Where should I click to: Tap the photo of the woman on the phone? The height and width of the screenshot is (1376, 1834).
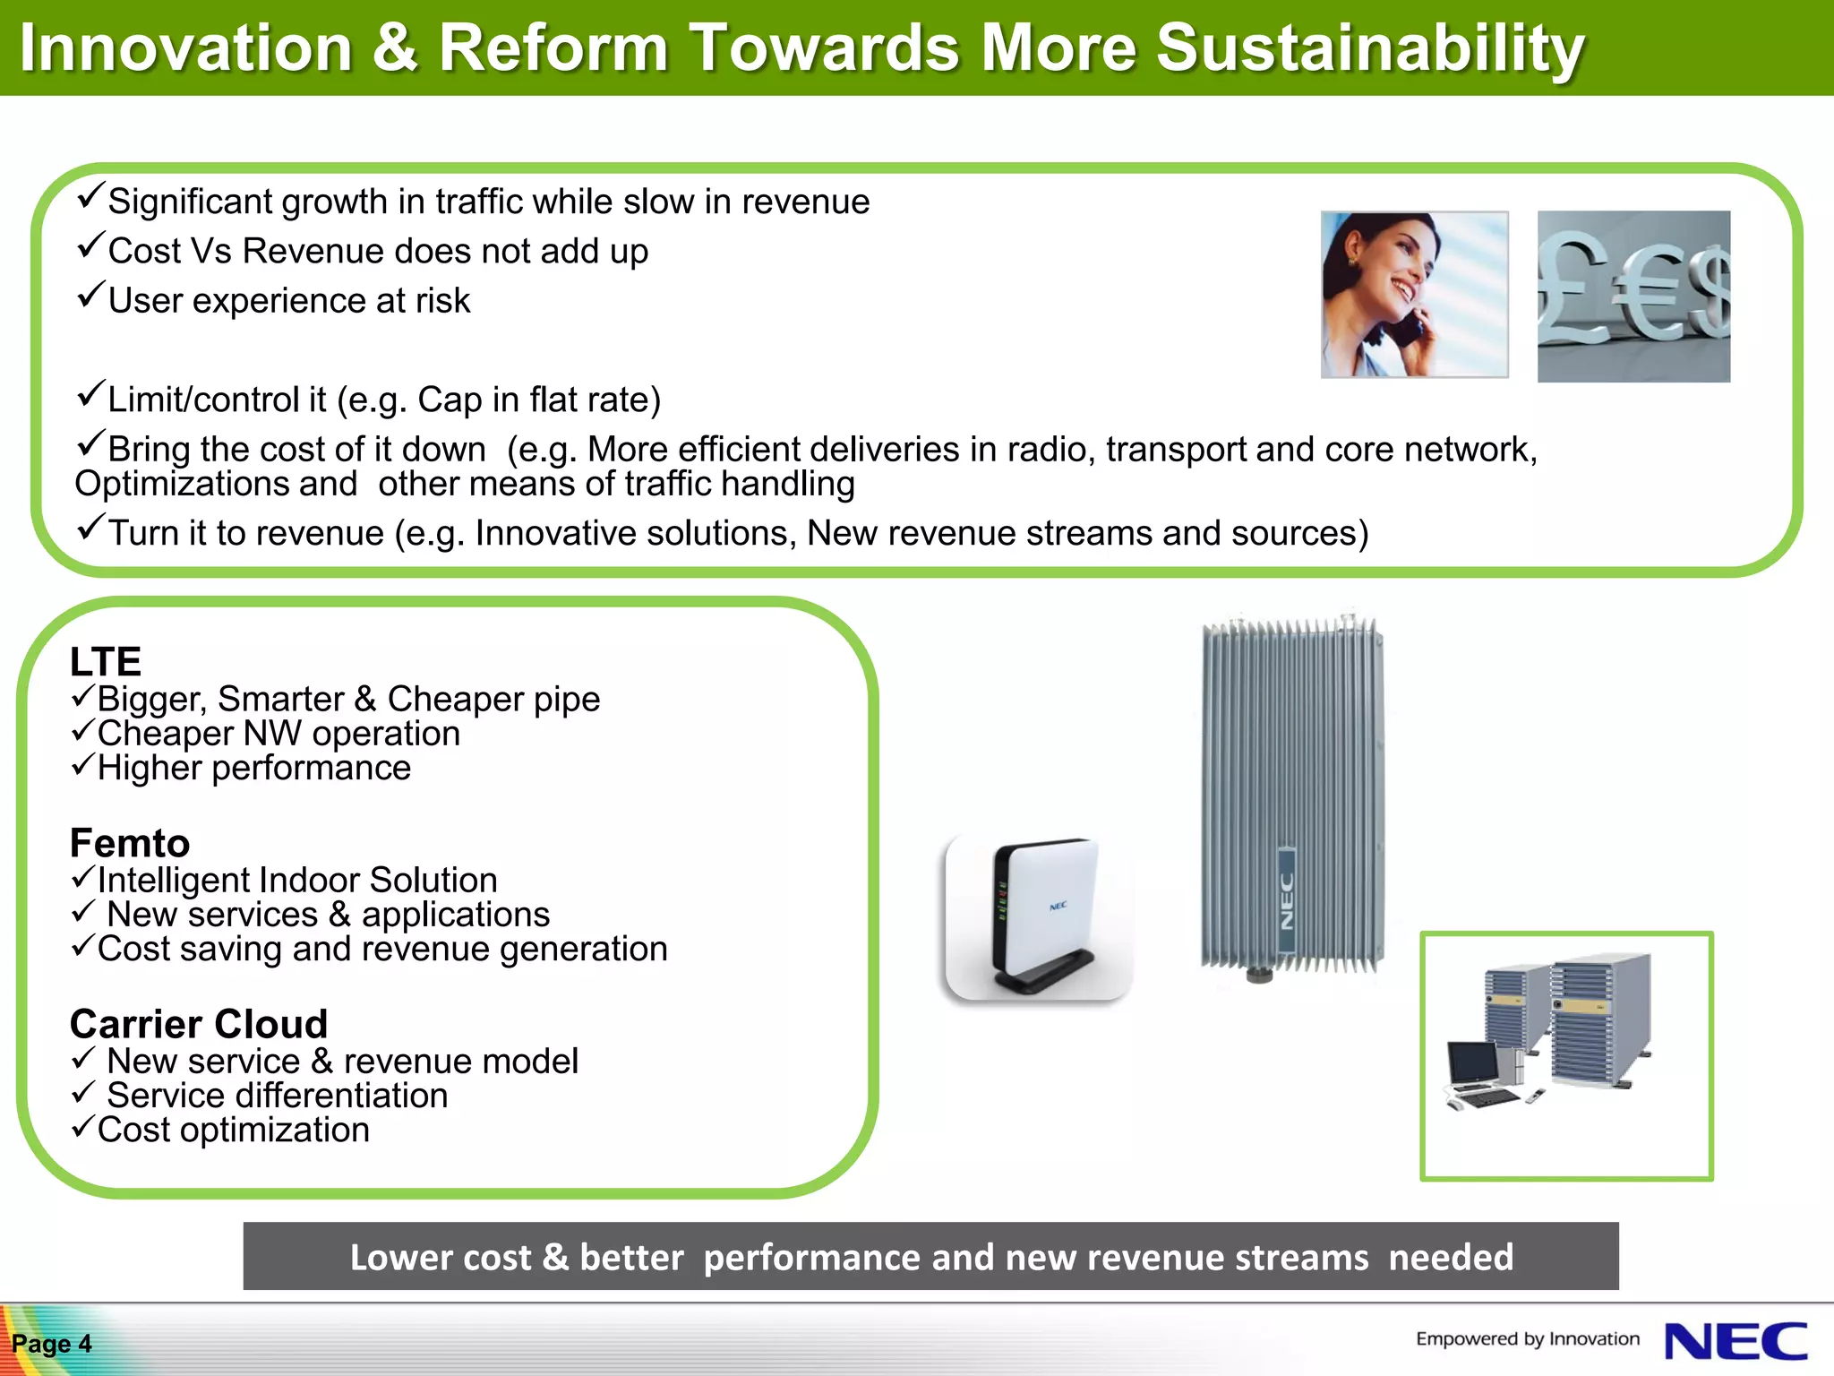tap(1414, 295)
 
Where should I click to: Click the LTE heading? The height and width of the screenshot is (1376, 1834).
tap(106, 662)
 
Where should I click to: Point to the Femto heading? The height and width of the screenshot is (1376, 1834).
tap(130, 843)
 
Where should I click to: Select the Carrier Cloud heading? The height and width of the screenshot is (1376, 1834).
tap(199, 1024)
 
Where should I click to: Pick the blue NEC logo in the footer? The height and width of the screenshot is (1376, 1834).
tap(1735, 1341)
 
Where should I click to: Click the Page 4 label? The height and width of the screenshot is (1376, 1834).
tap(51, 1344)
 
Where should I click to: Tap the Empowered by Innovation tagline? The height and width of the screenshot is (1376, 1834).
tap(1527, 1338)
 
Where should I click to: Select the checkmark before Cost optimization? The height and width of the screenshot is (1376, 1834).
tap(82, 1126)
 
